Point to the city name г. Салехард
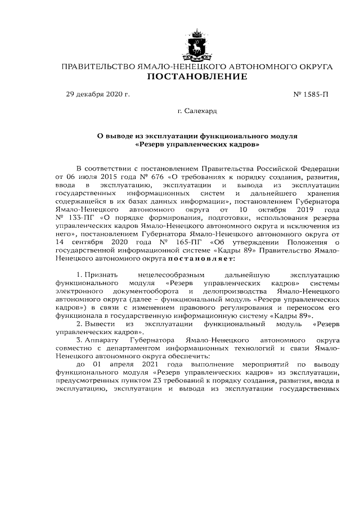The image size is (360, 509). click(197, 111)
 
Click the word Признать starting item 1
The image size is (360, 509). click(102, 273)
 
